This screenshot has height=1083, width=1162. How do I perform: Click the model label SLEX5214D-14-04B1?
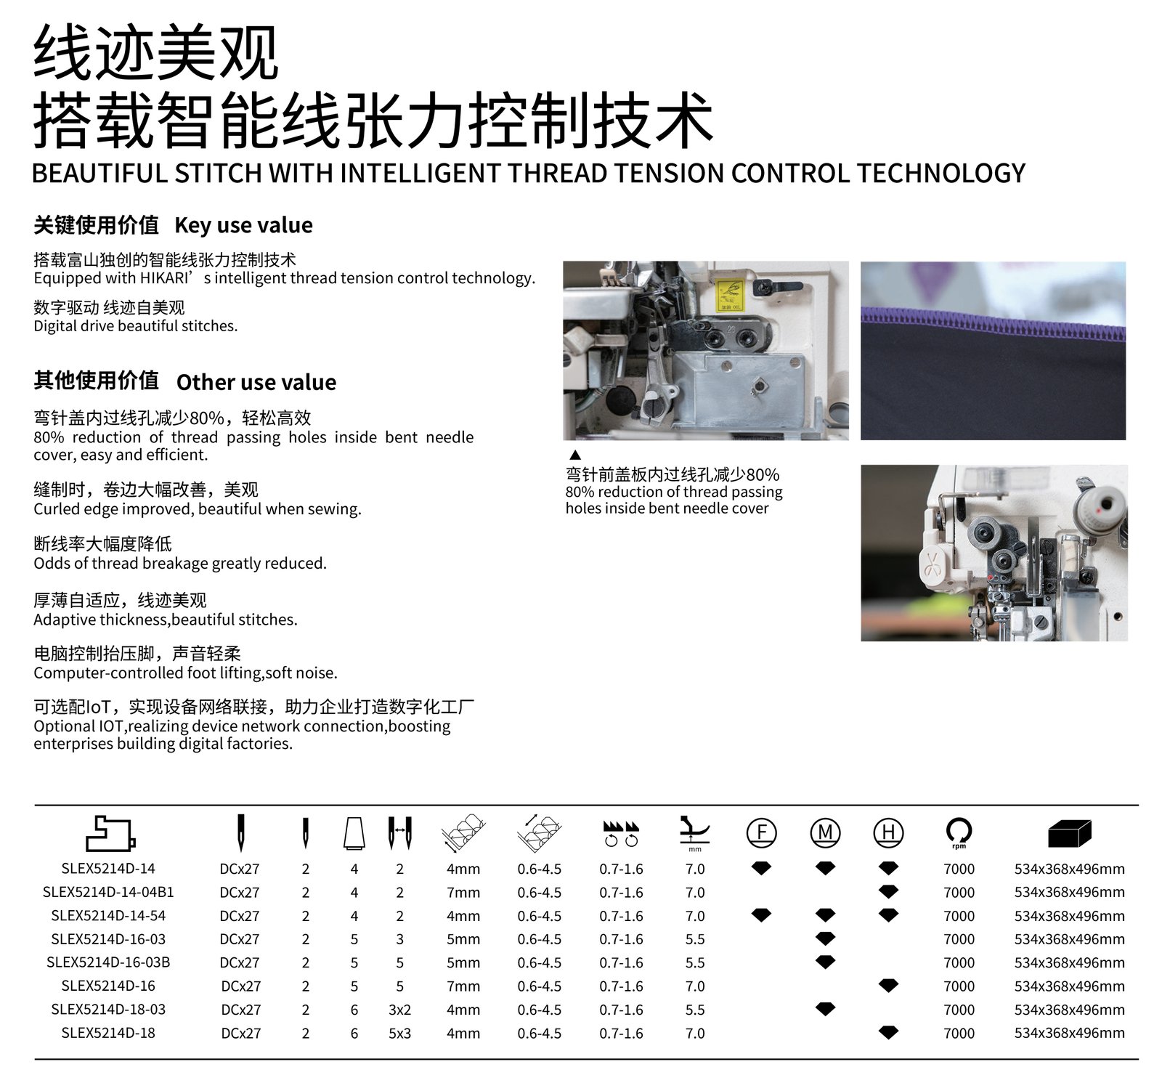108,892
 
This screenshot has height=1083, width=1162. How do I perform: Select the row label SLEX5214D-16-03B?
108,962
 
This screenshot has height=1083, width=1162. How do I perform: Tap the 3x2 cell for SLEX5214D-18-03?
399,1010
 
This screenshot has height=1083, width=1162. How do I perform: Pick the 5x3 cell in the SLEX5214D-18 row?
399,1033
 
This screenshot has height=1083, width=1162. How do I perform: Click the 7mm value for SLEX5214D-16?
463,986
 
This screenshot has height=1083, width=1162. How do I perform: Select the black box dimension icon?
1070,833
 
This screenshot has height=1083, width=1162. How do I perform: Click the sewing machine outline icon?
110,833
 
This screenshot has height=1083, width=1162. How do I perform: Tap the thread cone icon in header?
354,833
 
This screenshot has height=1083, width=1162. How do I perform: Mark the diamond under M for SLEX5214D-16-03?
825,938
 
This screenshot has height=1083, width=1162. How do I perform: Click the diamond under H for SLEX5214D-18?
888,1032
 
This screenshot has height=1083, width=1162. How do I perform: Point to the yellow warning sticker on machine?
729,296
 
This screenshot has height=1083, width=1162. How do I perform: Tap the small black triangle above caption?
575,455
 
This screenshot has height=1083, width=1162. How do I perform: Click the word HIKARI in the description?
165,278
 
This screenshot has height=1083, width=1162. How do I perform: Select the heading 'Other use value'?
256,382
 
